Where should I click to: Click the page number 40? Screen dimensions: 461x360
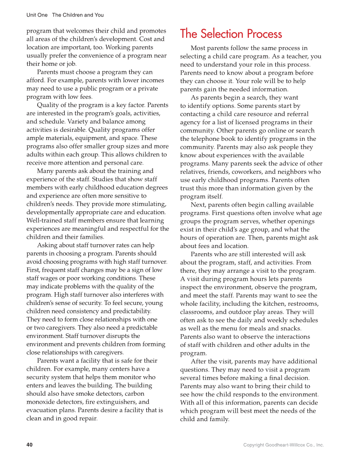(x=29, y=445)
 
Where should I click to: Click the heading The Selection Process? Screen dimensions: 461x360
(x=231, y=34)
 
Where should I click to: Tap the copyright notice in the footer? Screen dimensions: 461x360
(x=283, y=445)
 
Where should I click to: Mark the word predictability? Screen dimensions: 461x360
(x=127, y=311)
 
